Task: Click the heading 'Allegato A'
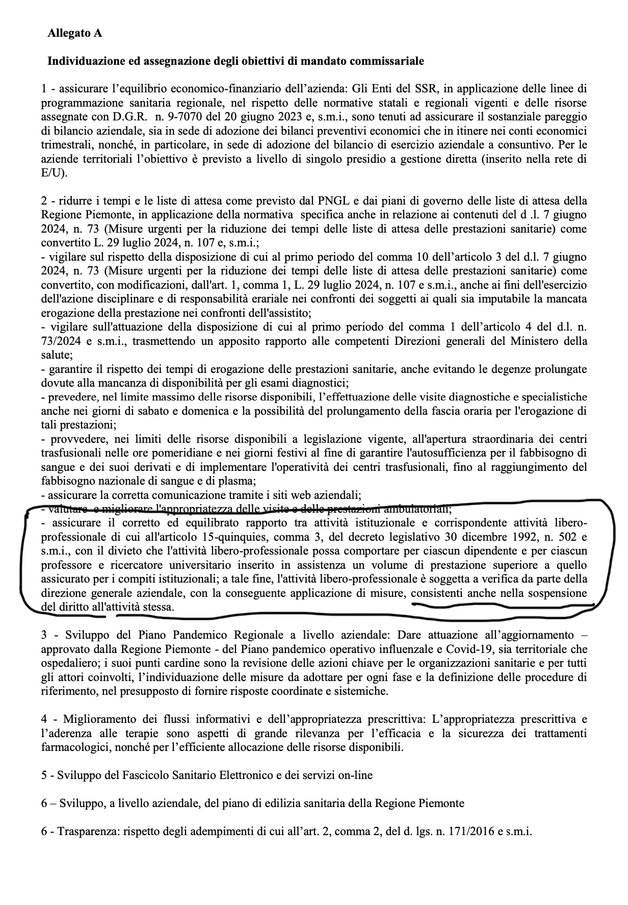pos(74,33)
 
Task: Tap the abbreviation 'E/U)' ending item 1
pos(54,173)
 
